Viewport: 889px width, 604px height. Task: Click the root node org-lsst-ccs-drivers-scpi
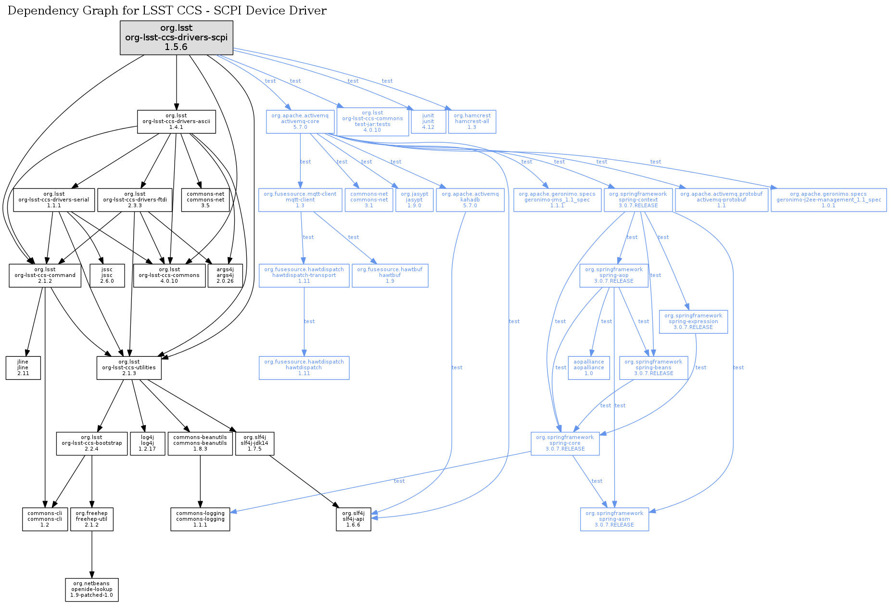pyautogui.click(x=177, y=37)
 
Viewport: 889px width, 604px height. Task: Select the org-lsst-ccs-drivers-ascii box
pyautogui.click(x=177, y=122)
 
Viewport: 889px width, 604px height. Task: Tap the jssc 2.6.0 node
pyautogui.click(x=107, y=276)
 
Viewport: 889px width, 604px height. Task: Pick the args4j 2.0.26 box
pyautogui.click(x=225, y=276)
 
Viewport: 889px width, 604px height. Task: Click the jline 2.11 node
pyautogui.click(x=23, y=368)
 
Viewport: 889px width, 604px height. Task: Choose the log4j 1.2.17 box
pyautogui.click(x=148, y=443)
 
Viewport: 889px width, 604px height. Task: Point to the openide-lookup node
pyautogui.click(x=92, y=590)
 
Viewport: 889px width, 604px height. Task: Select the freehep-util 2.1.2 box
pyautogui.click(x=92, y=519)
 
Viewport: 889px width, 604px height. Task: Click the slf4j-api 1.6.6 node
pyautogui.click(x=354, y=519)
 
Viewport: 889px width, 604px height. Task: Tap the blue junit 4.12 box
pyautogui.click(x=428, y=122)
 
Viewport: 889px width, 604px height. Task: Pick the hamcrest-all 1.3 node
pyautogui.click(x=472, y=122)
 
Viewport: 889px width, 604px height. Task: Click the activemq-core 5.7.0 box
pyautogui.click(x=300, y=122)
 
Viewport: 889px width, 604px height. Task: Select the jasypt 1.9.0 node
pyautogui.click(x=415, y=200)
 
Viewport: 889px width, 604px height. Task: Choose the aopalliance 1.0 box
pyautogui.click(x=589, y=368)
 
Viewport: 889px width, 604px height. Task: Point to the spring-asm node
pyautogui.click(x=614, y=519)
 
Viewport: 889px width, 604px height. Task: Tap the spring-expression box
pyautogui.click(x=693, y=322)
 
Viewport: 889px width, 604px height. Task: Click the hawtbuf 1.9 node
pyautogui.click(x=390, y=276)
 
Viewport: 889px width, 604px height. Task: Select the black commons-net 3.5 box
pyautogui.click(x=205, y=200)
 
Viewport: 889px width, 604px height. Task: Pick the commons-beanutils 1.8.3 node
pyautogui.click(x=200, y=443)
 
